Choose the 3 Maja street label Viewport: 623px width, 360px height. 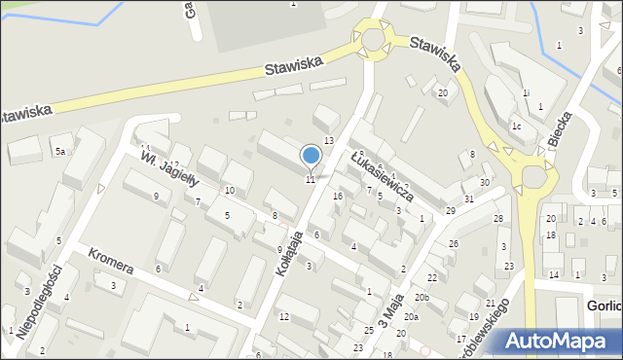390,316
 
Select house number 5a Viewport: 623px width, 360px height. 59,151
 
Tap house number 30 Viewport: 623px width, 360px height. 484,183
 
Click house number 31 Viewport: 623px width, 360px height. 468,199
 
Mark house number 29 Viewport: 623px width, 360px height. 450,211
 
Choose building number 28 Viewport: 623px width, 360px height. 497,219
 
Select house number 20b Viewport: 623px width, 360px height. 421,297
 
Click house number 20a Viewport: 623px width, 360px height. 412,317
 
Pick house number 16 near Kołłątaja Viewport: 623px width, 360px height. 338,197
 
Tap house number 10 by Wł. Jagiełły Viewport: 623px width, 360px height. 229,190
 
